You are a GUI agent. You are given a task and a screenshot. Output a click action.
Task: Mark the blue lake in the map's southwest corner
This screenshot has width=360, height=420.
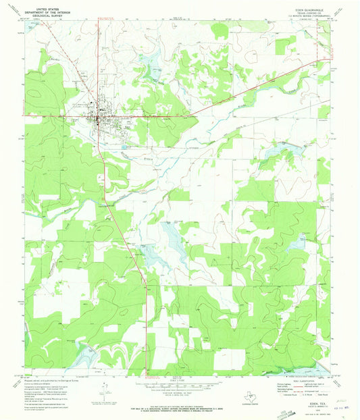pos(84,352)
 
